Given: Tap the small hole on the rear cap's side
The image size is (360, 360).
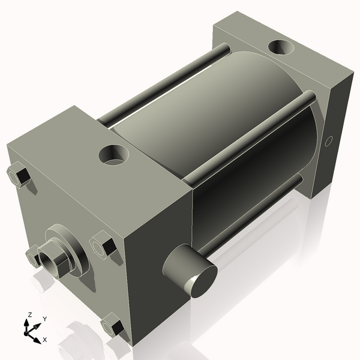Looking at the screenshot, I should tap(328, 142).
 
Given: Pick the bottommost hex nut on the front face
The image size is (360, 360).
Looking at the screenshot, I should tap(112, 326).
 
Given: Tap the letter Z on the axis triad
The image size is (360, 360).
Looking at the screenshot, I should tap(29, 314).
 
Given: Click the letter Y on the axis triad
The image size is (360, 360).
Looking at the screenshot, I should tap(44, 319).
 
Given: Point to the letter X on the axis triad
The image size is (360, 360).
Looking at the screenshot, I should tap(44, 339).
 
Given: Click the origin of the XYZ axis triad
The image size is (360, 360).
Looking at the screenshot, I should tap(30, 330).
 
